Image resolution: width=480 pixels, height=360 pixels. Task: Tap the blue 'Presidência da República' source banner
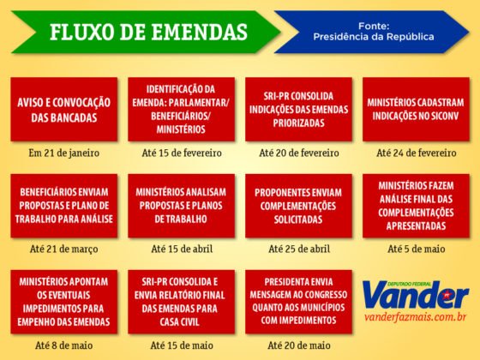[372, 32]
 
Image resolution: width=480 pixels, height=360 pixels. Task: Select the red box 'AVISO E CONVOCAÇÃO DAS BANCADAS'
[64, 109]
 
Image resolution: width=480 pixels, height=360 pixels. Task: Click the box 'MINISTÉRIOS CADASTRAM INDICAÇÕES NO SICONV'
[416, 109]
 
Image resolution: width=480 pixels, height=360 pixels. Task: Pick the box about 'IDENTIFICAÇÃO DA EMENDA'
[181, 109]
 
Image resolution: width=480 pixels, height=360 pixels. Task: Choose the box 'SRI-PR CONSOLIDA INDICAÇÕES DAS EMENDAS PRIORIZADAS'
[298, 109]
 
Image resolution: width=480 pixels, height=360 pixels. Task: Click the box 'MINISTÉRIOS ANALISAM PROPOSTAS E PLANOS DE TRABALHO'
[181, 206]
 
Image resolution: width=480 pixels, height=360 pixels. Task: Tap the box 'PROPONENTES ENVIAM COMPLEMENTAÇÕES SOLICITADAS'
[298, 206]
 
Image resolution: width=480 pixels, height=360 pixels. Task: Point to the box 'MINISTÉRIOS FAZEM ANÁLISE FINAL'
[416, 206]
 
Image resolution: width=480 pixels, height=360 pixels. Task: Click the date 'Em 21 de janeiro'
[64, 153]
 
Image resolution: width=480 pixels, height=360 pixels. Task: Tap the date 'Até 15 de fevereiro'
[181, 153]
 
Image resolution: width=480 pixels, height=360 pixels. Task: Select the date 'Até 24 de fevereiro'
[416, 153]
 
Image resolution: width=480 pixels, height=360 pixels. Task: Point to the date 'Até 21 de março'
[64, 249]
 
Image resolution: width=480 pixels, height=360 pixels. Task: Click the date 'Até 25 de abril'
[298, 249]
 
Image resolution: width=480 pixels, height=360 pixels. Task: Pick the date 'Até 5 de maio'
[416, 249]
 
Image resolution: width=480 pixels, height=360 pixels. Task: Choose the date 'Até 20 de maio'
[298, 345]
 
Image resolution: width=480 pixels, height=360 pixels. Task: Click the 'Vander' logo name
[415, 296]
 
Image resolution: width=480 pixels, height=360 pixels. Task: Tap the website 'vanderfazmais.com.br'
[415, 321]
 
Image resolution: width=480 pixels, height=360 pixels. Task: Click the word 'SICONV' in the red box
[443, 115]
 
